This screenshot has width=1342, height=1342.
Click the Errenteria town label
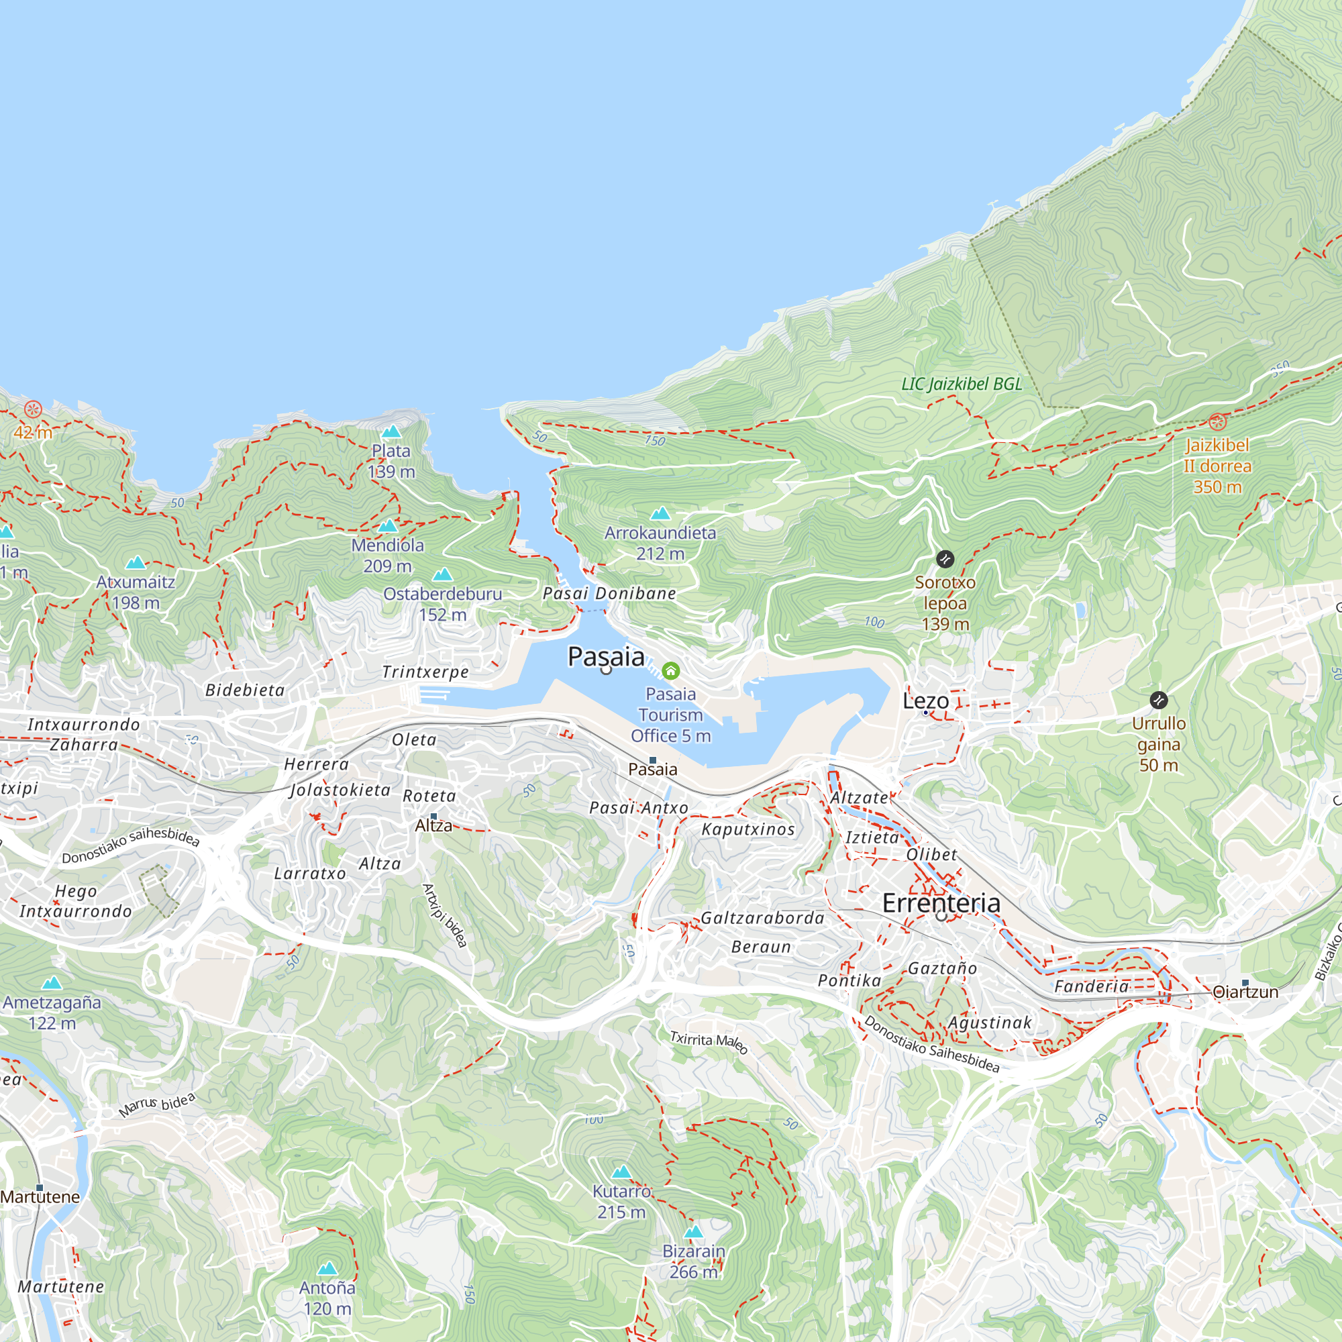[941, 903]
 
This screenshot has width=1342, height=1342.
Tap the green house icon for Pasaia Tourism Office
[670, 670]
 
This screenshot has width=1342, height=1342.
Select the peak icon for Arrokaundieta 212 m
[660, 514]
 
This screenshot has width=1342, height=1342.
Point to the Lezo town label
[925, 701]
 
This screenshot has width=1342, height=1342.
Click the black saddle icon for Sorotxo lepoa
[945, 559]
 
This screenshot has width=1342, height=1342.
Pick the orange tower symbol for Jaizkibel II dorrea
[1217, 421]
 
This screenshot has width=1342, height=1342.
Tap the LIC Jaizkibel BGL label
[962, 384]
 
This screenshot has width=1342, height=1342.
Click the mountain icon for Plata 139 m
[391, 432]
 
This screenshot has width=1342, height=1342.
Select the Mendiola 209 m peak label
[388, 555]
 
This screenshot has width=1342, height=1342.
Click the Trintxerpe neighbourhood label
[425, 672]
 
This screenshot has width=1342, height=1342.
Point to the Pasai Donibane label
[609, 593]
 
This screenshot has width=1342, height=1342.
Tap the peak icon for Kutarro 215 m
[621, 1172]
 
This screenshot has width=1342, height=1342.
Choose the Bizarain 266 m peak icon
[693, 1232]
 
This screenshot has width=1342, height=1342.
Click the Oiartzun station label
[1245, 992]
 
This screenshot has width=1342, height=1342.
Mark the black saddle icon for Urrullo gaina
[1158, 700]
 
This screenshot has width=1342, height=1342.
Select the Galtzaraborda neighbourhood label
[762, 919]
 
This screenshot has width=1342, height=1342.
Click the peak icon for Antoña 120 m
[327, 1269]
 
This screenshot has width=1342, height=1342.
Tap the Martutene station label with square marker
[40, 1196]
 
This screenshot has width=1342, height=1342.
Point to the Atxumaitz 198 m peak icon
[136, 563]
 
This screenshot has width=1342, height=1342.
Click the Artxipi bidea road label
[445, 915]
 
